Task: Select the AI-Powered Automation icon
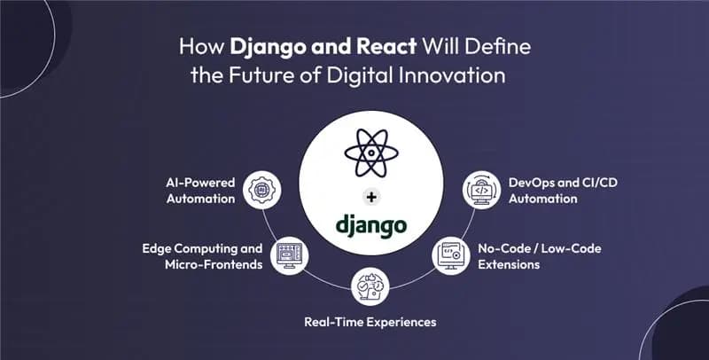263,189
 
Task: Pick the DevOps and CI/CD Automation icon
480,190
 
